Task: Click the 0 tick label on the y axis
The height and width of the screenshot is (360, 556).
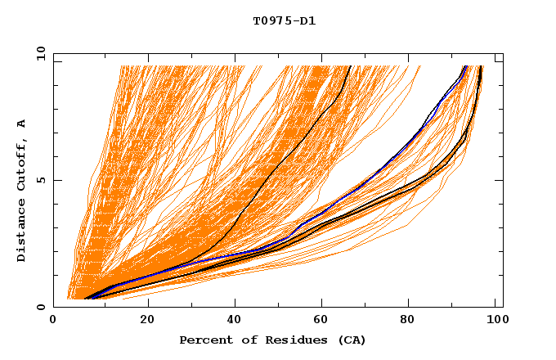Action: point(39,307)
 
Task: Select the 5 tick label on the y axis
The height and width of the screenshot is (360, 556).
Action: point(39,180)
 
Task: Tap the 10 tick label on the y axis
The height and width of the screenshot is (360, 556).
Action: point(37,53)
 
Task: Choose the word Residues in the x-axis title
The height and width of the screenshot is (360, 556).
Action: point(292,340)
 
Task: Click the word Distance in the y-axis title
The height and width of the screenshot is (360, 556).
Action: point(22,228)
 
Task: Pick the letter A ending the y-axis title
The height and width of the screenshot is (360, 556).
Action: point(22,123)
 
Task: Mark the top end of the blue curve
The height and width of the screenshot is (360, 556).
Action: point(465,66)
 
